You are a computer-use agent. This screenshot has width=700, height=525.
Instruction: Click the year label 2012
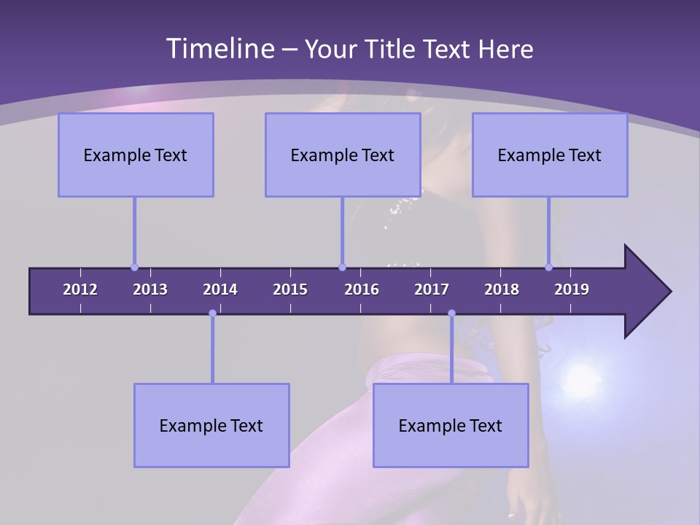(80, 289)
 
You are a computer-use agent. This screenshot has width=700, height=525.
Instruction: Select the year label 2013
(150, 289)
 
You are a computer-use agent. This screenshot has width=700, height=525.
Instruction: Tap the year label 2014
(220, 289)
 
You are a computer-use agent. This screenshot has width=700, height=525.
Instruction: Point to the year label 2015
(290, 289)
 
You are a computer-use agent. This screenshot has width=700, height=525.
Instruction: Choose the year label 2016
(362, 289)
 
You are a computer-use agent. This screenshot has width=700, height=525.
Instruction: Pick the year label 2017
(432, 289)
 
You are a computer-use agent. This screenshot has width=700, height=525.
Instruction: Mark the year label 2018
(502, 289)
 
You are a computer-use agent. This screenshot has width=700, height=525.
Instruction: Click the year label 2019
(572, 289)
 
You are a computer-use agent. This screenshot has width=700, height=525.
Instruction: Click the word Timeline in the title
(219, 48)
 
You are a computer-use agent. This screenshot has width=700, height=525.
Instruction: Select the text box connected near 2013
(136, 155)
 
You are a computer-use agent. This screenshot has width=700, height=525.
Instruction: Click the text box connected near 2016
(343, 155)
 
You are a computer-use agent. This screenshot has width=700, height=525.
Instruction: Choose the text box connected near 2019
(550, 155)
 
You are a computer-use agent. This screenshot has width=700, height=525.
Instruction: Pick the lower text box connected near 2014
(211, 425)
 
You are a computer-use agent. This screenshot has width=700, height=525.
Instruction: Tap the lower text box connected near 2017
(451, 425)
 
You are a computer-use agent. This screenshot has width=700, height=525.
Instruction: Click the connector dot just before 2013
(134, 267)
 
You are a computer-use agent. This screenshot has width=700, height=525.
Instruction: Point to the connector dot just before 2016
(342, 267)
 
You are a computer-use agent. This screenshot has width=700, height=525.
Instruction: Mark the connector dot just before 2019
(548, 267)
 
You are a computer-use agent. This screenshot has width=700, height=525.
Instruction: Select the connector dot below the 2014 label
(212, 314)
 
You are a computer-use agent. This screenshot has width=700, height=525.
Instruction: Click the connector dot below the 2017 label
(451, 314)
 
